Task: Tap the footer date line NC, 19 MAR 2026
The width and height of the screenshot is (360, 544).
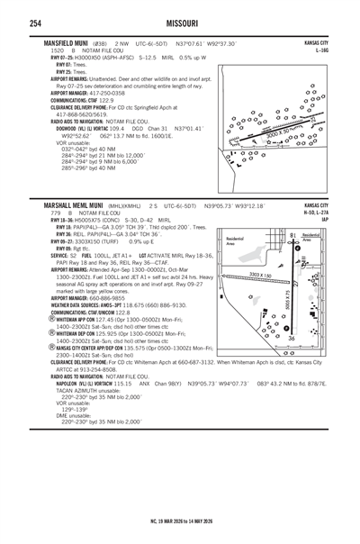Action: click(180, 520)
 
